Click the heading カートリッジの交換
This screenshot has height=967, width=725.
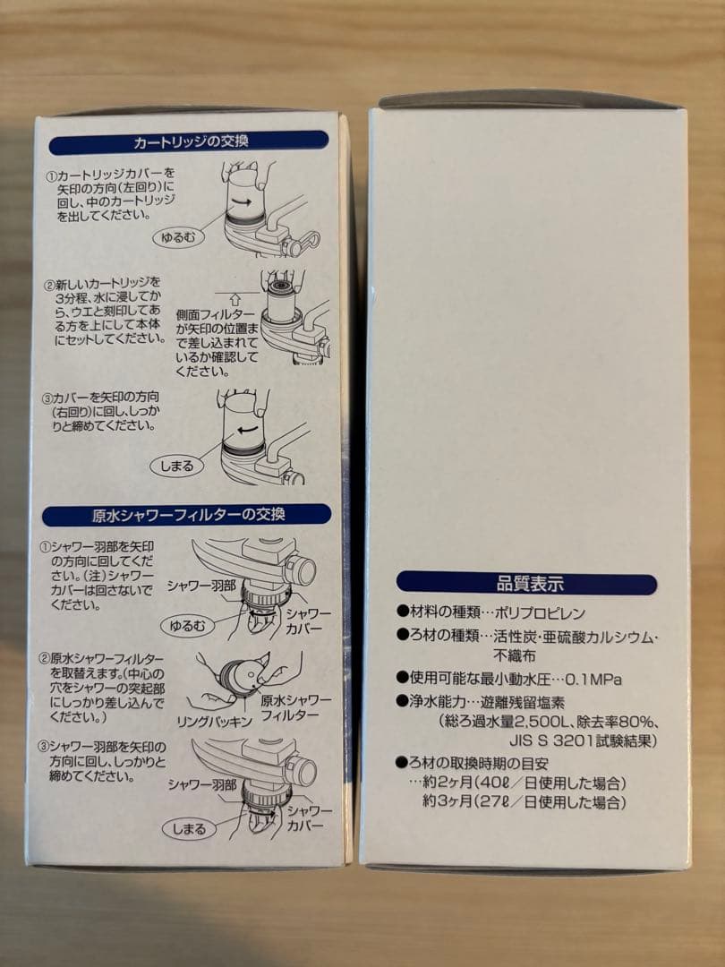189,141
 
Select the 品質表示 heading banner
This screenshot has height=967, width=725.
528,584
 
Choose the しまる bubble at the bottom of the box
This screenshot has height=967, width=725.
189,828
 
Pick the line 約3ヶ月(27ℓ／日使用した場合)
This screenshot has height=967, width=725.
524,803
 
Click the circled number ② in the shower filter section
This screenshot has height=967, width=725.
45,658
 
